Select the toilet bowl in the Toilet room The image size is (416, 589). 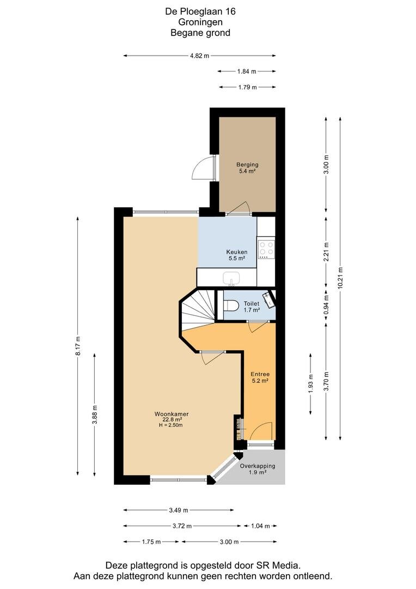click(x=231, y=305)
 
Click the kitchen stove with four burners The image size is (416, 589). click(x=266, y=249)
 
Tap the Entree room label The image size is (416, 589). click(x=259, y=377)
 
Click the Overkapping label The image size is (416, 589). click(x=258, y=469)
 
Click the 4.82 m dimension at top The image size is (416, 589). click(x=199, y=56)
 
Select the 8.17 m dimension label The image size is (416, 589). click(x=78, y=346)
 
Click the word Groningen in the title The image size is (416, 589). click(x=200, y=22)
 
